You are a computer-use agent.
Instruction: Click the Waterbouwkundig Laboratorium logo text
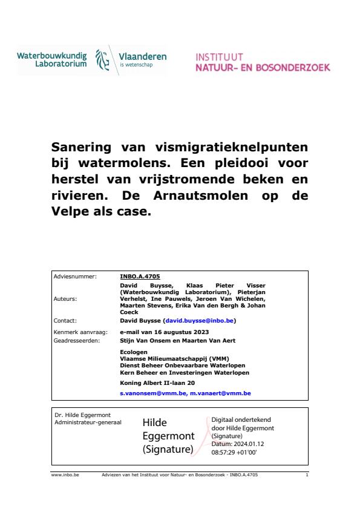[53, 59]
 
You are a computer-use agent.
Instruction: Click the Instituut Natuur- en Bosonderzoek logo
[263, 62]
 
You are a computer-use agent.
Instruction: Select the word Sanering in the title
[90, 148]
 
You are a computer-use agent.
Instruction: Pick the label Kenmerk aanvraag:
[77, 331]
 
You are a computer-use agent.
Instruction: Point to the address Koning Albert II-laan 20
[151, 383]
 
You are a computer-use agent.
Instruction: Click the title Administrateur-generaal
[88, 422]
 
